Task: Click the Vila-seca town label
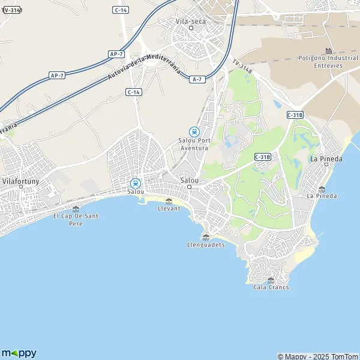[x=191, y=20]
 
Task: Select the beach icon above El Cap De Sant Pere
[x=76, y=208]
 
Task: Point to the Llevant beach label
[x=168, y=208]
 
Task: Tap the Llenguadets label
[x=206, y=244]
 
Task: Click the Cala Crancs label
[x=271, y=287]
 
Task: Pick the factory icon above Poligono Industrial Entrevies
[x=328, y=50]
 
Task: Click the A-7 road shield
[x=196, y=79]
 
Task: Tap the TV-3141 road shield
[x=11, y=10]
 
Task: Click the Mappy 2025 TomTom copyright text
[x=317, y=356]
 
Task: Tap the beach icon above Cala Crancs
[x=271, y=280]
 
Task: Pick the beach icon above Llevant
[x=168, y=200]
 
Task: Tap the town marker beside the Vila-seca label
[x=191, y=28]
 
